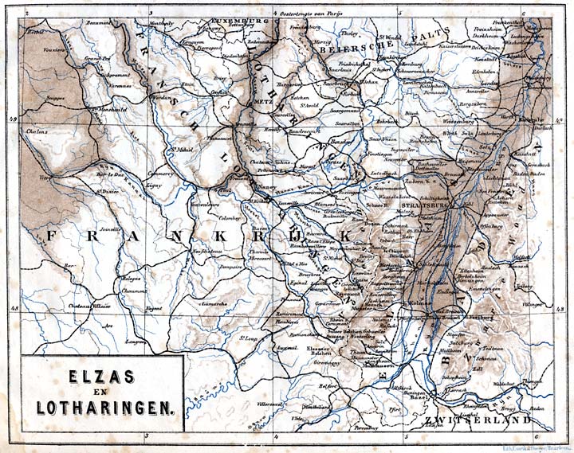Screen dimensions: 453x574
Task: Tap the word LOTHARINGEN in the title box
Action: [104, 408]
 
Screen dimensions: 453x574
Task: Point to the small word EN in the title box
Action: [104, 392]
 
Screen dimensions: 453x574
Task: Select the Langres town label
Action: [137, 341]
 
